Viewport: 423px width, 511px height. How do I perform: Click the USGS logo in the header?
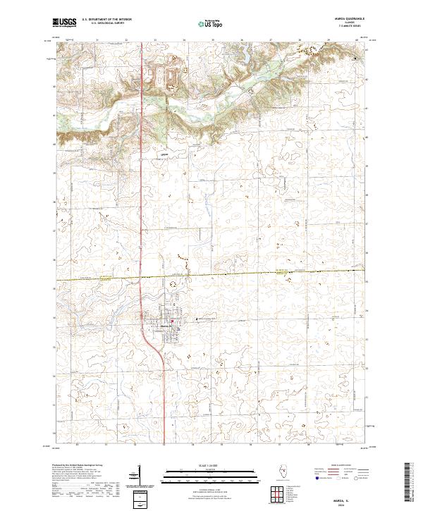(64, 23)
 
